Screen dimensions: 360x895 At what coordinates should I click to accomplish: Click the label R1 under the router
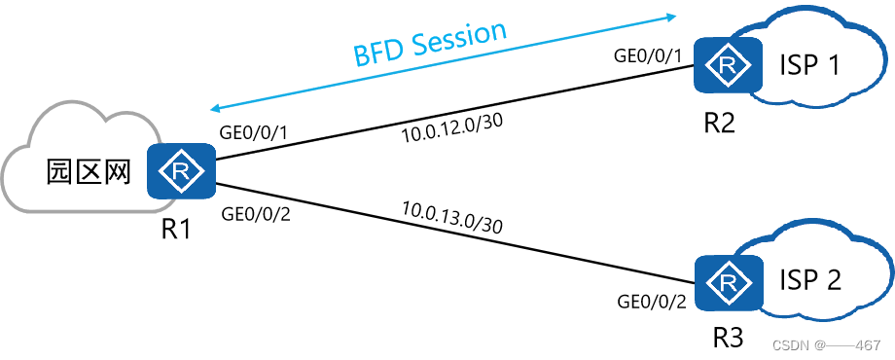(x=179, y=230)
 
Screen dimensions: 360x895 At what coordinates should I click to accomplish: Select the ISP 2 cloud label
(x=810, y=281)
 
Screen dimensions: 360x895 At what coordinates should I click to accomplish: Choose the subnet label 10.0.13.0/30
(x=450, y=216)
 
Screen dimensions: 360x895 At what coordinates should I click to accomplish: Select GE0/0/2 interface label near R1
(x=257, y=213)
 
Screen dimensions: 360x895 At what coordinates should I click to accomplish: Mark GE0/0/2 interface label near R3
(x=652, y=301)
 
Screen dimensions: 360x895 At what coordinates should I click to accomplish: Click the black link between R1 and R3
(x=457, y=236)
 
